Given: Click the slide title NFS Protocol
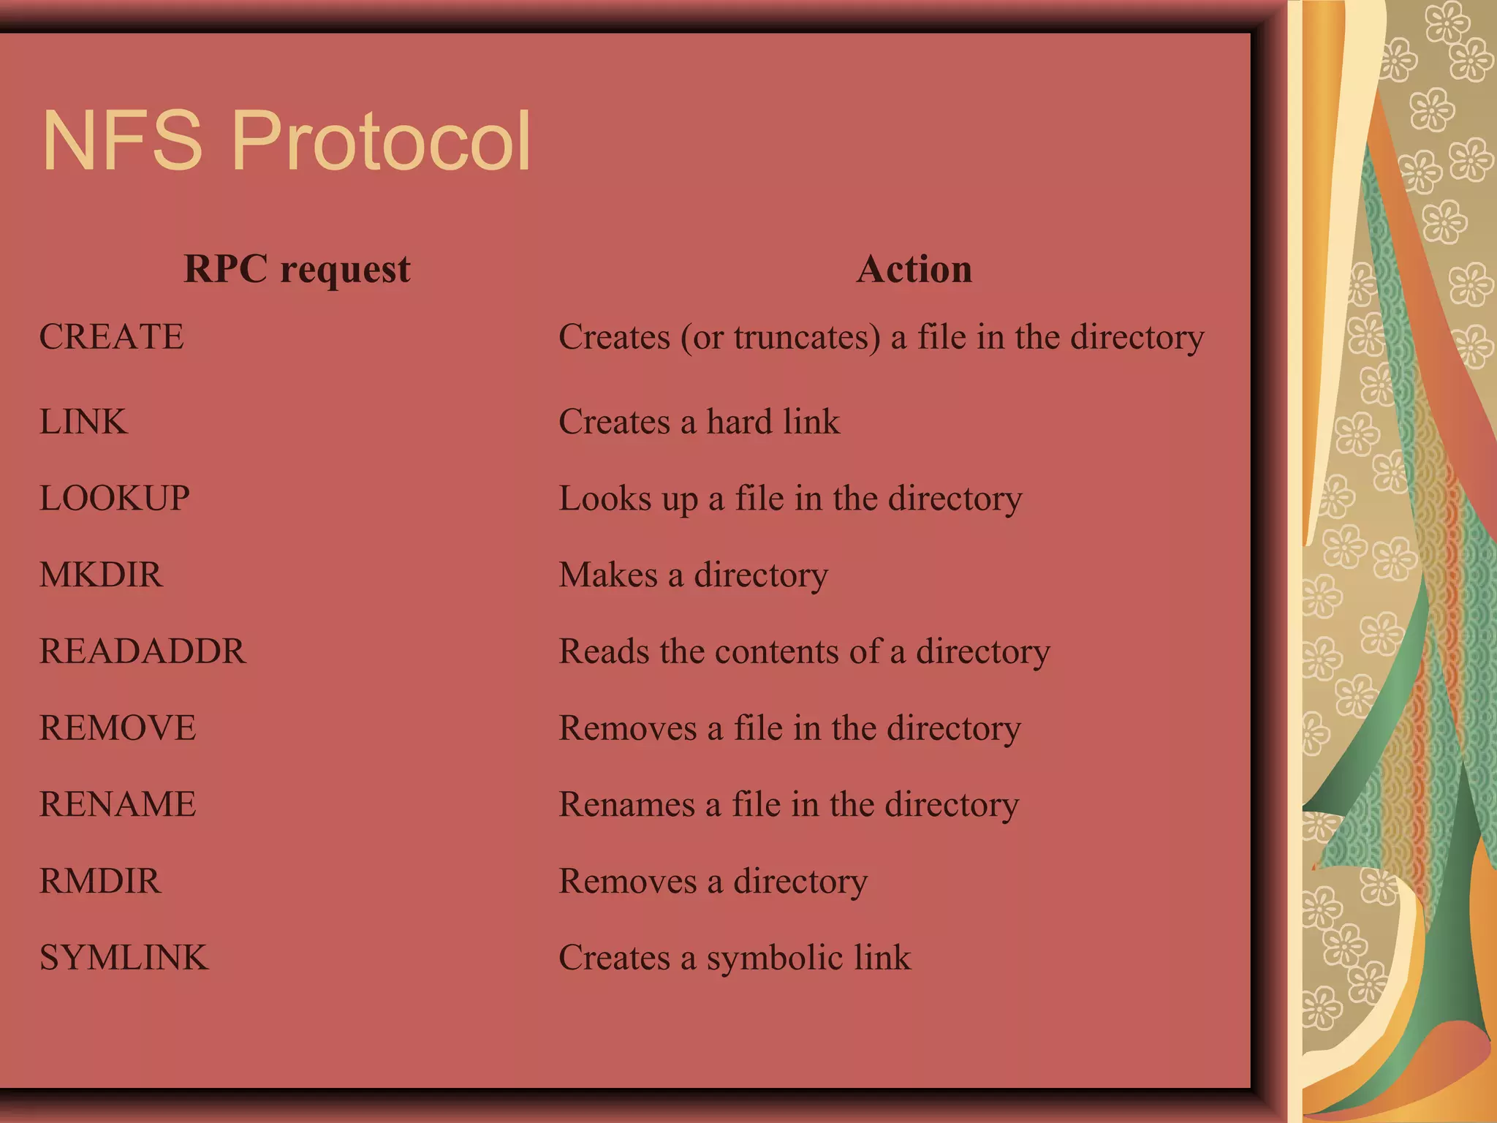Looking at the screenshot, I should [x=287, y=140].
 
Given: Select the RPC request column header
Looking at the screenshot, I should [x=297, y=269].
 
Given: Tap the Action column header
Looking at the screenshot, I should [x=914, y=269].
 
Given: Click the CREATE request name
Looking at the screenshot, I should [x=112, y=337].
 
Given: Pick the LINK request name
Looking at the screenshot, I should [x=83, y=422].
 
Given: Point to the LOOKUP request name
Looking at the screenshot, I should [x=115, y=499].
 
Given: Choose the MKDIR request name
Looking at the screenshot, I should [x=101, y=575].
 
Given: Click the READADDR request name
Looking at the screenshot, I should [x=143, y=651].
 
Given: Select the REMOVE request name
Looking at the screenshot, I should [x=118, y=728].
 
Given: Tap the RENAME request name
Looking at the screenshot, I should [x=118, y=804].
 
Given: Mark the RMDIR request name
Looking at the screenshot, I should [x=100, y=881].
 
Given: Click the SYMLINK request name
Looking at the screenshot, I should [x=124, y=958].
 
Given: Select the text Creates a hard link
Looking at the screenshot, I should [x=700, y=422].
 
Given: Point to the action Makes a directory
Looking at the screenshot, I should [x=694, y=575].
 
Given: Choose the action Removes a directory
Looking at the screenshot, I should [x=713, y=882].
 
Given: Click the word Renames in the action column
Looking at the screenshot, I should [x=626, y=805].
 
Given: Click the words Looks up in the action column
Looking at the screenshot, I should [x=629, y=499].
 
